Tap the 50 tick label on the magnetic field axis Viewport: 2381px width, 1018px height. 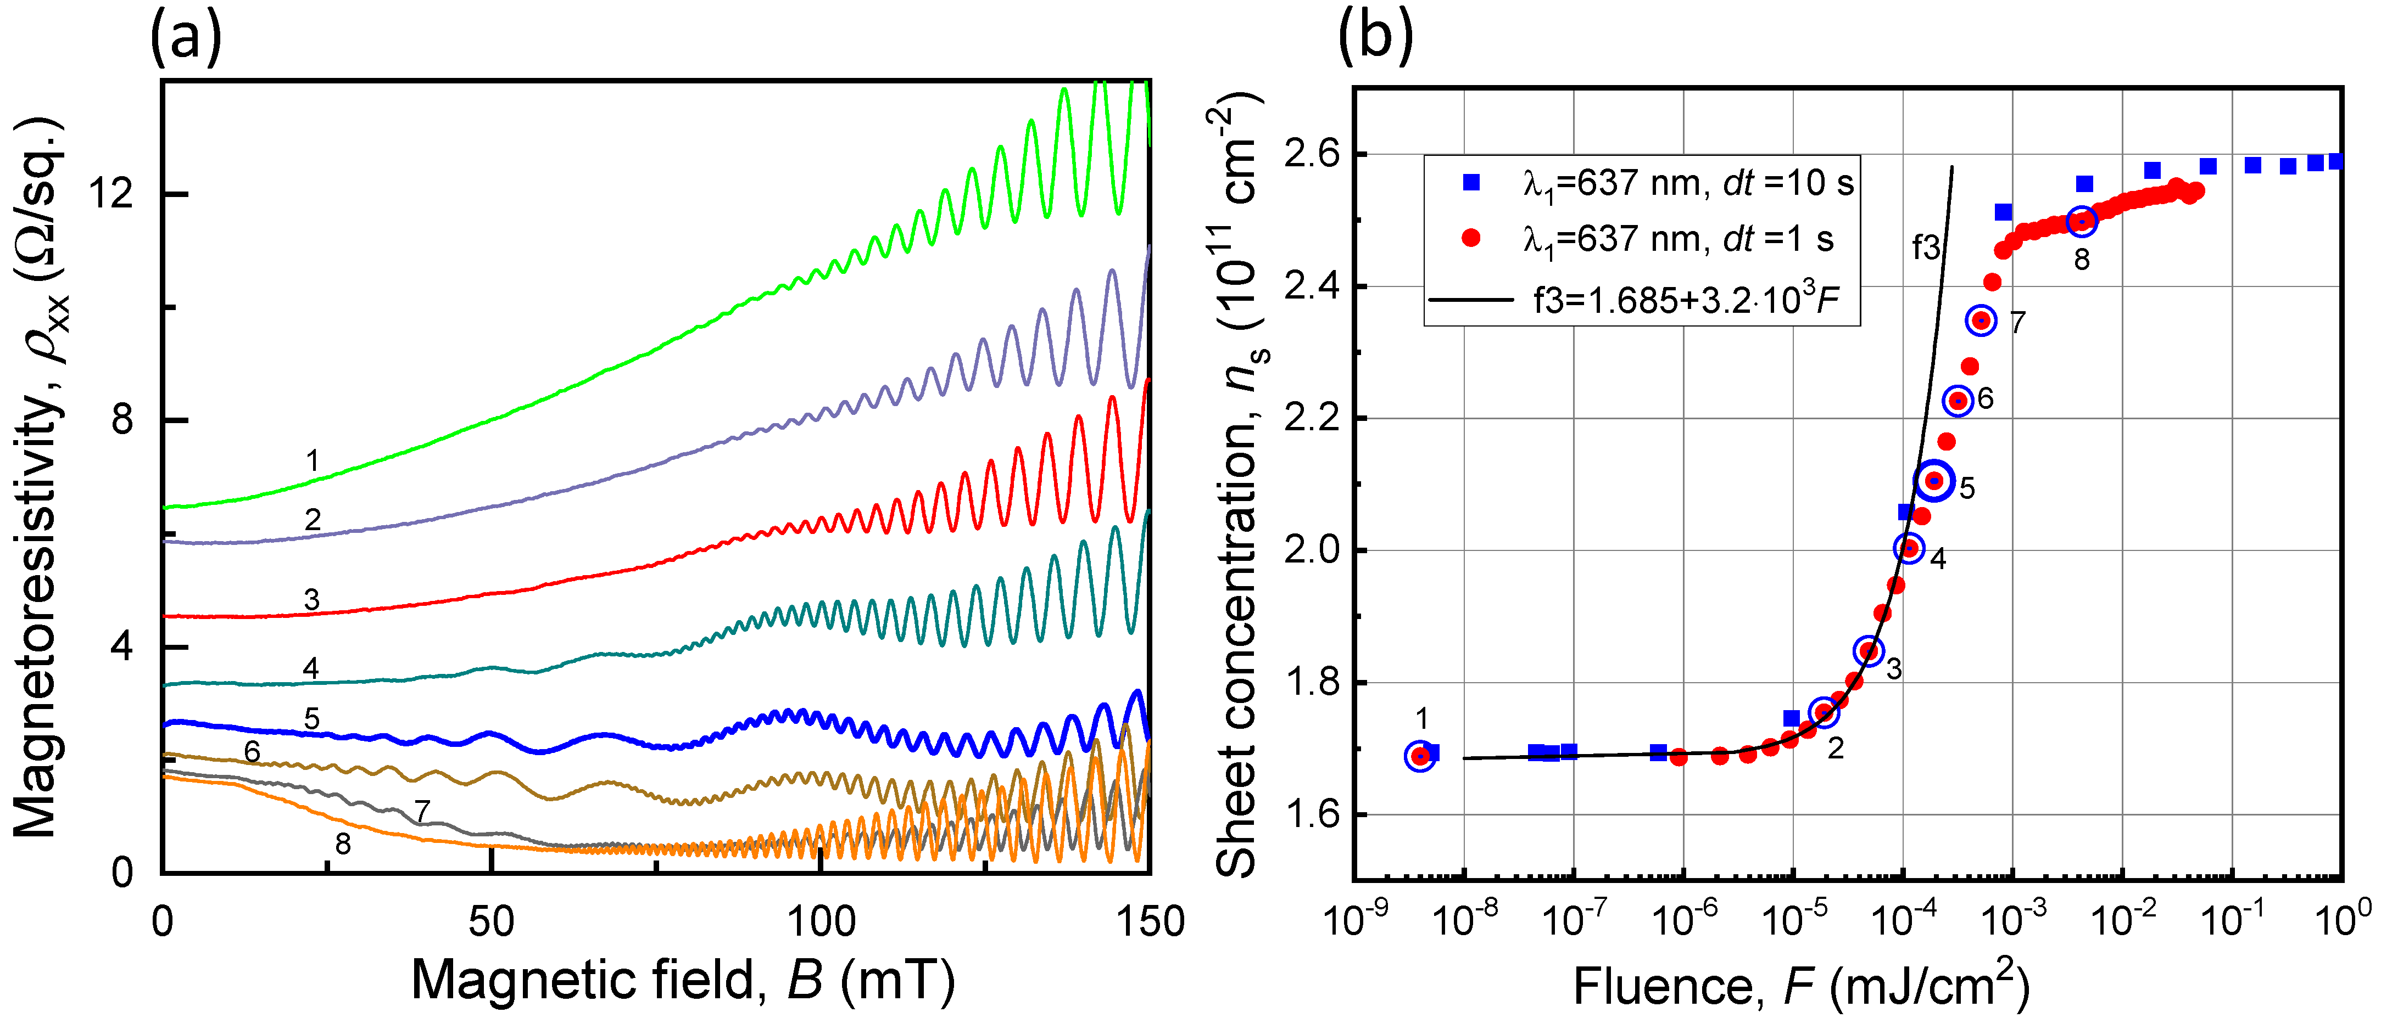(x=491, y=922)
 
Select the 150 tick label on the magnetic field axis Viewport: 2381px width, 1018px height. (x=1149, y=922)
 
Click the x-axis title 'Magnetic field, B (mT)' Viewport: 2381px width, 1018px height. (x=682, y=981)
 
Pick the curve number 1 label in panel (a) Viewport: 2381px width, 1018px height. (x=313, y=460)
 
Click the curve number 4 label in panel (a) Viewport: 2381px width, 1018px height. (x=310, y=668)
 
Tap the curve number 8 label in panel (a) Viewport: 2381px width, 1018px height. (x=343, y=843)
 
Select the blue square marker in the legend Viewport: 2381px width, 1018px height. (x=1471, y=183)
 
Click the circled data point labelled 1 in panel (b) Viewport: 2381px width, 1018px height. (x=1421, y=756)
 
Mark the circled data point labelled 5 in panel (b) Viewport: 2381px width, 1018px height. (x=1934, y=480)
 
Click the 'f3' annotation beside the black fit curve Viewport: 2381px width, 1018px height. (x=1926, y=248)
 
